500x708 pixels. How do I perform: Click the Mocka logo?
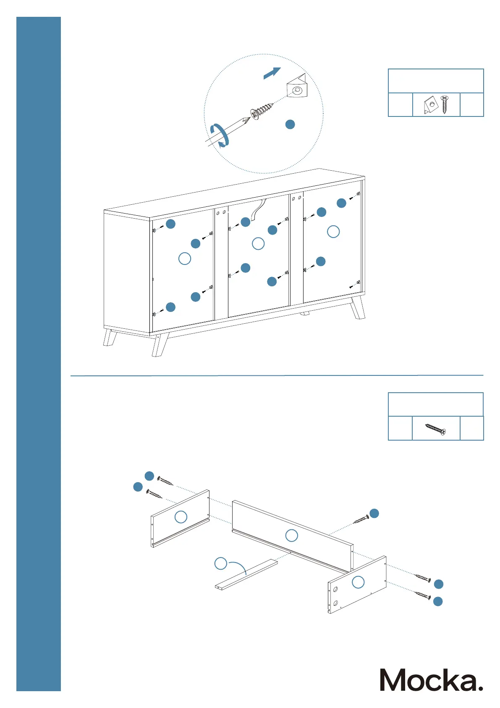431,680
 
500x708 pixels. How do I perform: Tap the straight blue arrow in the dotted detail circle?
272,73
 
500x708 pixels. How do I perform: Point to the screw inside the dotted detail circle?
261,110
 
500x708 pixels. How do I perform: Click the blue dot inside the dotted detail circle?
290,124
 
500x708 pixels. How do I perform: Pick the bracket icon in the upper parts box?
430,105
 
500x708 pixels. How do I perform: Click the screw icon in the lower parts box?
435,429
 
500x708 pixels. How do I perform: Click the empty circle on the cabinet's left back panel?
185,258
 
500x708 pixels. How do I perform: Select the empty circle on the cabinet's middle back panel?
258,243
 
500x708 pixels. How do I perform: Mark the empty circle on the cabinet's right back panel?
333,232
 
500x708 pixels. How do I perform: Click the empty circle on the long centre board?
291,536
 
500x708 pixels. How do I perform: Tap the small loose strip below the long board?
246,574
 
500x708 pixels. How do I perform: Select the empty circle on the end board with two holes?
358,582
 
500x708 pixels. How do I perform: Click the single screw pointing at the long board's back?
361,520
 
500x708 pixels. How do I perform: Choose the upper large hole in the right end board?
336,590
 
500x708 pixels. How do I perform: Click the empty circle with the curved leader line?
221,563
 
